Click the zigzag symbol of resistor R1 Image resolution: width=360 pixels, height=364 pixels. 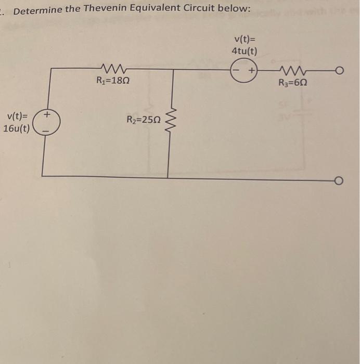point(113,68)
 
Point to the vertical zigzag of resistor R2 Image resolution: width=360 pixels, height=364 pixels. point(168,123)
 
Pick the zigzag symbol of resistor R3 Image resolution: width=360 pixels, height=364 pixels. point(294,70)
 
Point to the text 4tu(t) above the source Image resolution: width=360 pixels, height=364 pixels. point(244,51)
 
